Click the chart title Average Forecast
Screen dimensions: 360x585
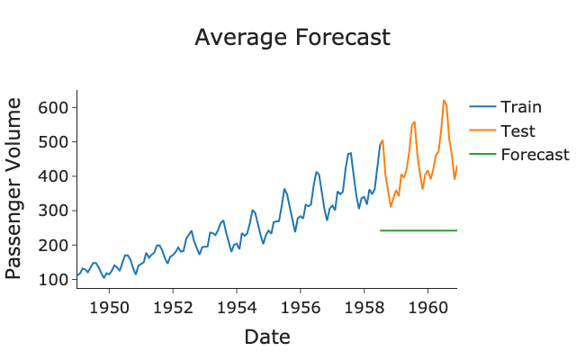coord(292,38)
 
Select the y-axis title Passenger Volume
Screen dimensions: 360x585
coord(15,189)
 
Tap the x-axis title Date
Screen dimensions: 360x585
coord(266,337)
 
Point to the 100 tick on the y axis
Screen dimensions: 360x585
coord(56,279)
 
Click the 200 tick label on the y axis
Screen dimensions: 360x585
coord(56,245)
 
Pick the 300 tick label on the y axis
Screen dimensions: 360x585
coord(56,211)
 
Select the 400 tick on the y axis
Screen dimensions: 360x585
coord(56,176)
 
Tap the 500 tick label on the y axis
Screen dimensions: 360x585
coord(56,142)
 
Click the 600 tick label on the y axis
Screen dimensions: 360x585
coord(56,108)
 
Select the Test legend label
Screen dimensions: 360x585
coord(517,130)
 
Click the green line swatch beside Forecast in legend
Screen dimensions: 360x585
coord(483,154)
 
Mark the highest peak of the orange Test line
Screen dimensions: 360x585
coord(444,100)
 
